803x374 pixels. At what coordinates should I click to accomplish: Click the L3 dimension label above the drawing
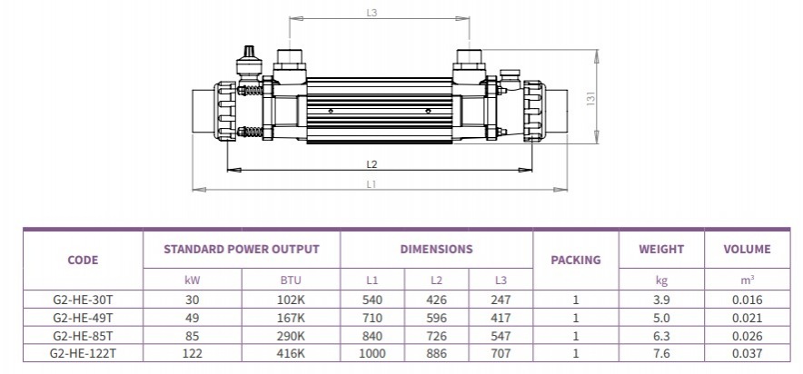coord(372,13)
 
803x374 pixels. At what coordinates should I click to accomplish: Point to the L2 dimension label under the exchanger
coord(372,164)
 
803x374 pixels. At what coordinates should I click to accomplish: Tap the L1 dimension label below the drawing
coord(372,184)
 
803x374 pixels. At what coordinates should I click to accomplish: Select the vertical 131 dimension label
coord(590,97)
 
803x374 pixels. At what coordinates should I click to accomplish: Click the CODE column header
coord(83,260)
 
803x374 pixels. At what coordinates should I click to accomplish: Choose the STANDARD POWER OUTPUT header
coord(242,249)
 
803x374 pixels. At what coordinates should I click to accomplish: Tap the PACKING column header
coord(576,260)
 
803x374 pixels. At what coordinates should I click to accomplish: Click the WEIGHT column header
coord(661,249)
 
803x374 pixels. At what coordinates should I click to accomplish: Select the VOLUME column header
coord(748,249)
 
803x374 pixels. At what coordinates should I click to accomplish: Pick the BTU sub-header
coord(291,280)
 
